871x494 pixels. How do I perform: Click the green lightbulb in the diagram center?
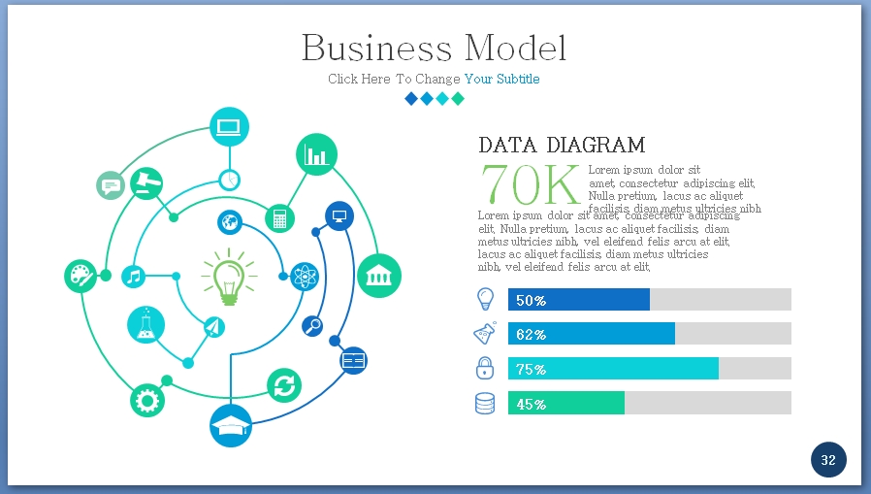tap(228, 275)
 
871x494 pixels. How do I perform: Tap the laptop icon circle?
tap(229, 126)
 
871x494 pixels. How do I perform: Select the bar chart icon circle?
tap(316, 153)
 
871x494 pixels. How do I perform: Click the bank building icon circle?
tap(378, 276)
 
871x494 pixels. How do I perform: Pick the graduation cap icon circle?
tap(231, 426)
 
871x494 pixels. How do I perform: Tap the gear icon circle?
tap(147, 399)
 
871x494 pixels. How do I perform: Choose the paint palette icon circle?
tap(81, 277)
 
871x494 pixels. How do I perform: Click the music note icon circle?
tap(134, 277)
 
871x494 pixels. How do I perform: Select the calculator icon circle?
tap(279, 217)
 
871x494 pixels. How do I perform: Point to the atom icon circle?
tap(305, 277)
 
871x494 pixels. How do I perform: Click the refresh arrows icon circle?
tap(284, 385)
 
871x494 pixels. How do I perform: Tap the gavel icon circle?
tap(146, 182)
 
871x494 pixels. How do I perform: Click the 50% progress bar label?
tap(531, 300)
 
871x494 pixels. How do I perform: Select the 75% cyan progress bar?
tap(613, 369)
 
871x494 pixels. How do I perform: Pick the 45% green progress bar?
tap(566, 403)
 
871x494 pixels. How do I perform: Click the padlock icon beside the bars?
tap(485, 368)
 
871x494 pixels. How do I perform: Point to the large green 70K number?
tap(531, 184)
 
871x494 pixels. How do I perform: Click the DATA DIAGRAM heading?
tap(562, 146)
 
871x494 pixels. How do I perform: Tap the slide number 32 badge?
tap(828, 460)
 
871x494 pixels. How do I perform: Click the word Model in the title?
tap(515, 48)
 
